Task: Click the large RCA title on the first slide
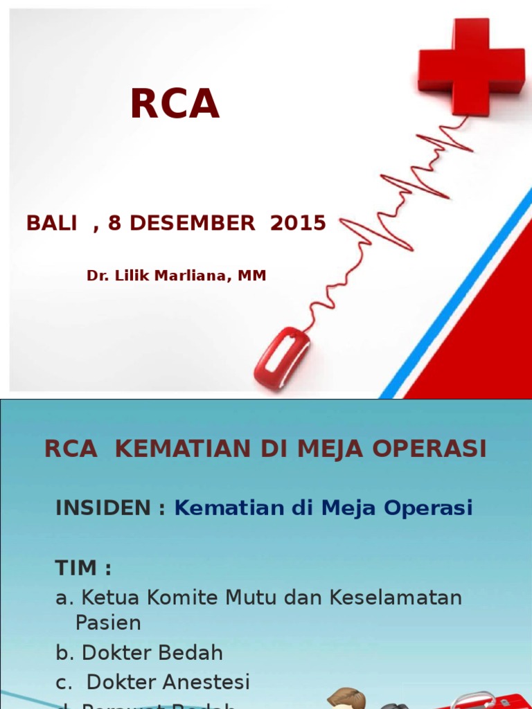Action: coord(175,105)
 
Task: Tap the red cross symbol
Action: coord(471,66)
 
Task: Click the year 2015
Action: coord(298,223)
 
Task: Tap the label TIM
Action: coord(78,568)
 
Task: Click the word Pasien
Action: coord(108,623)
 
